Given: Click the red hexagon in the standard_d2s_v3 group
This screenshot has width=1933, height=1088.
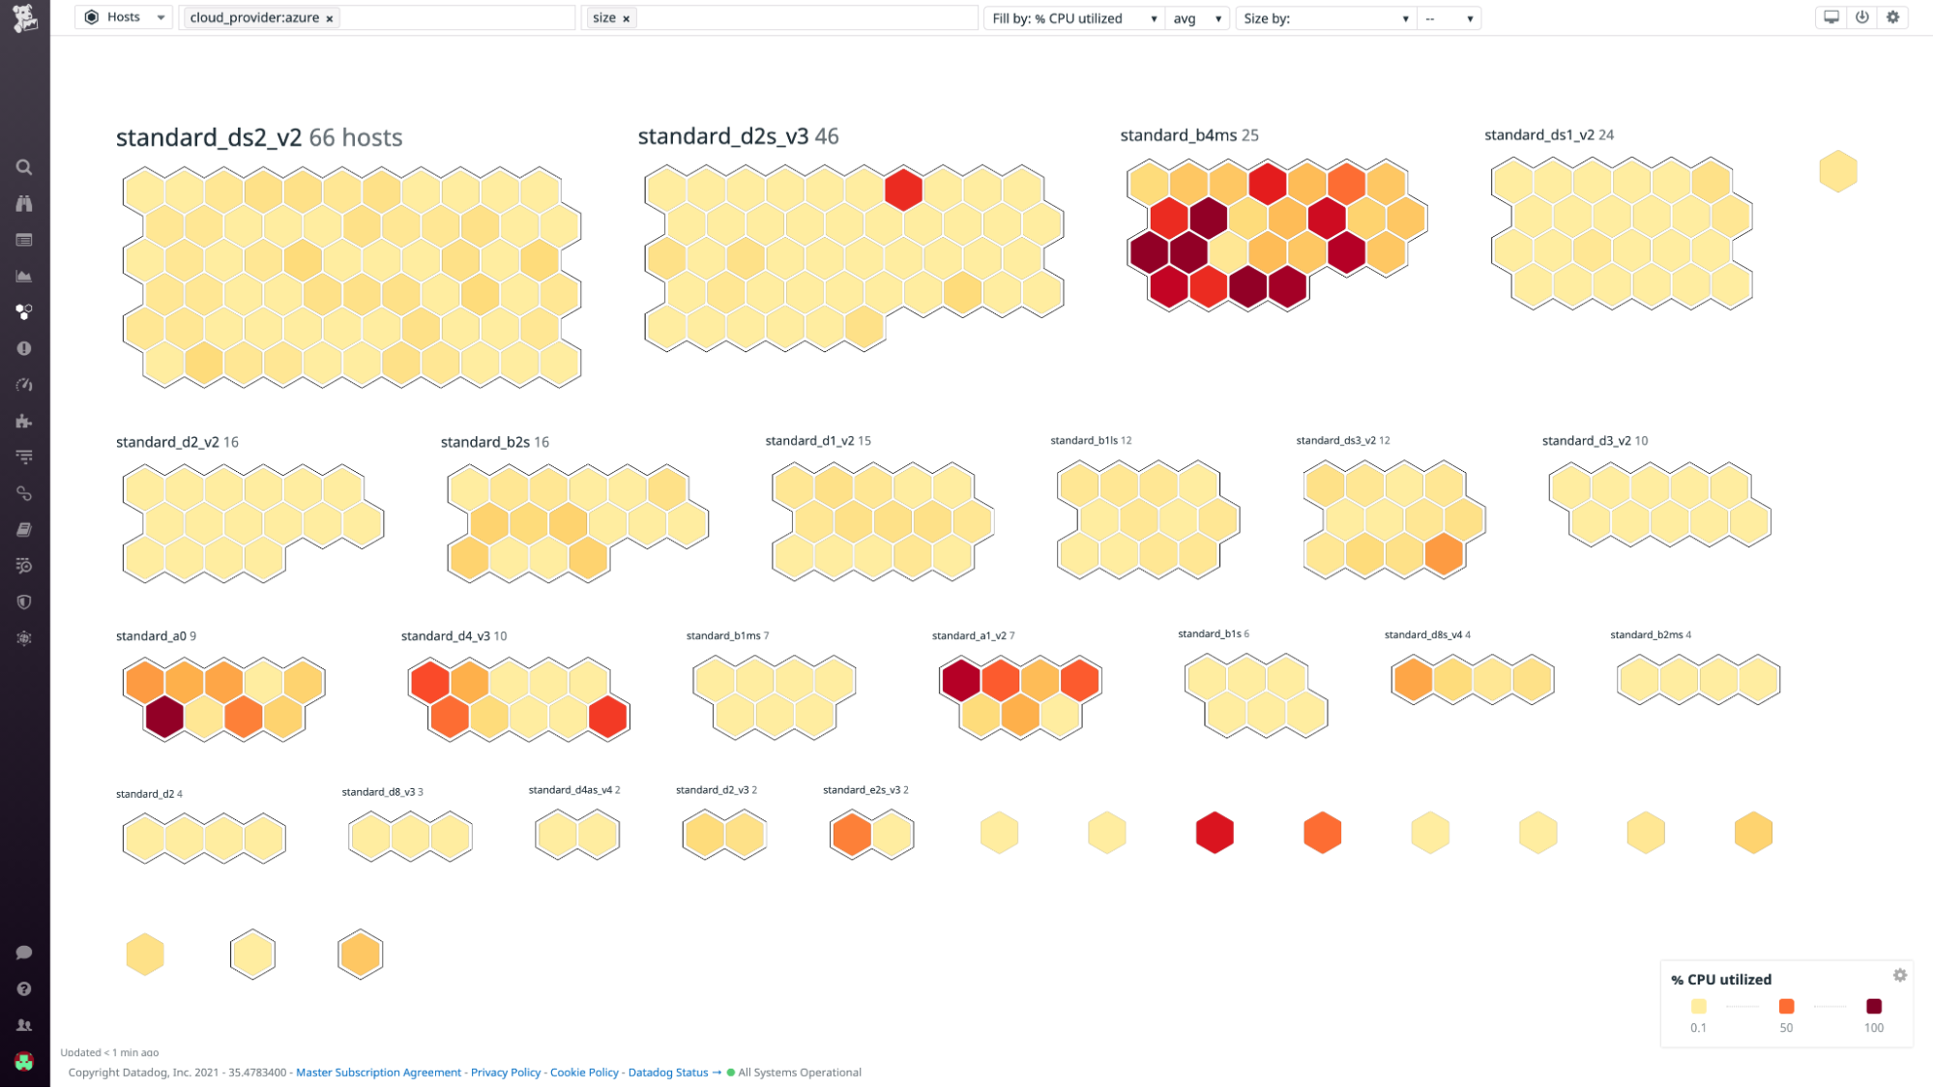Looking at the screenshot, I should [903, 190].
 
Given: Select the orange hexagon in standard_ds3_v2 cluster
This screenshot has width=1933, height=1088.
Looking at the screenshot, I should [1444, 555].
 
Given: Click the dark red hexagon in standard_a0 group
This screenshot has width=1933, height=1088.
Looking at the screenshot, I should [164, 718].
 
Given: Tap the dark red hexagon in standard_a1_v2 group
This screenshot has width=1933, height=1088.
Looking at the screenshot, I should [960, 680].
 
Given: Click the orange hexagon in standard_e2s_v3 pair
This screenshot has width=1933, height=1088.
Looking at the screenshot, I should [852, 835].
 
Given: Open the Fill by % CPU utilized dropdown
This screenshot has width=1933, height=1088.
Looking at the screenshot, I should [1073, 18].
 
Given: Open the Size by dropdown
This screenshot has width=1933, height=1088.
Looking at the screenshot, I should [1325, 18].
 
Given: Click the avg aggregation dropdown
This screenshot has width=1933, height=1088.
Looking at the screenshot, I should [1197, 18].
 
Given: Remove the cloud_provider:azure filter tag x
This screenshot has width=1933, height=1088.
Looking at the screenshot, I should [330, 18].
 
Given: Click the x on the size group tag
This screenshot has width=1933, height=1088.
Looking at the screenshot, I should [627, 18].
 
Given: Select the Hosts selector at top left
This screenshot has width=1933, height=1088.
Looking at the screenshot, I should [125, 17].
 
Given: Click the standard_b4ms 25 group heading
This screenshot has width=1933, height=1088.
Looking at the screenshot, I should [1188, 135].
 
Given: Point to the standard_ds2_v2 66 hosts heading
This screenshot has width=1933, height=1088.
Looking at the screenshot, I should [259, 137].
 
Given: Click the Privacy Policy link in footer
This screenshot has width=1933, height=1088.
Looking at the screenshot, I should [506, 1073].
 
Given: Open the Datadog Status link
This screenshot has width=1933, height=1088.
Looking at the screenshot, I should [667, 1073].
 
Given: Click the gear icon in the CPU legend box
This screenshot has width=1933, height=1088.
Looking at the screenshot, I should [1899, 975].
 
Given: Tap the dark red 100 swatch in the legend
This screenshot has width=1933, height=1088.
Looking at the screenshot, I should [1873, 1007].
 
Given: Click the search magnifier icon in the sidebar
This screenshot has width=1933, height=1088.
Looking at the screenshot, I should [24, 167].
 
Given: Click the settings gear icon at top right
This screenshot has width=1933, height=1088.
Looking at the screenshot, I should [1893, 17].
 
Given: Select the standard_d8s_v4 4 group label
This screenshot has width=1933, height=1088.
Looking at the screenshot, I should [1426, 634].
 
